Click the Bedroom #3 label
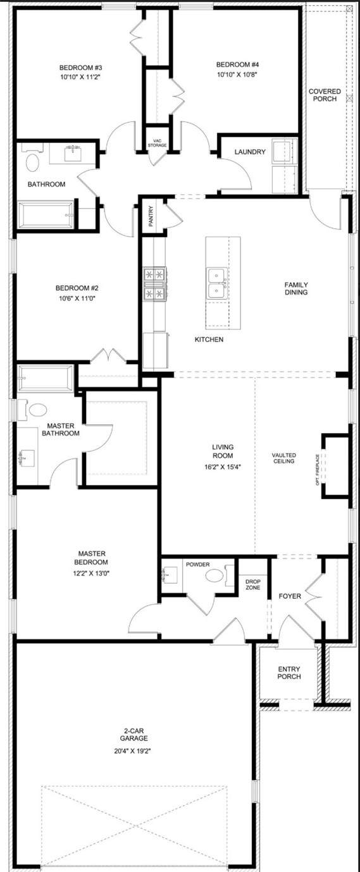pos(80,68)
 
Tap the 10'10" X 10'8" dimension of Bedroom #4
pos(238,74)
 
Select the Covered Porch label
pos(325,95)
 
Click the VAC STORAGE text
pos(157,143)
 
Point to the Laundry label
pos(250,152)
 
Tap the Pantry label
pos(151,216)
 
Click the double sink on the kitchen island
pos(217,283)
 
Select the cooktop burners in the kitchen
pos(155,283)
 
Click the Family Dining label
pos(296,288)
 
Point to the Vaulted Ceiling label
pos(283,458)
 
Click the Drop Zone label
pos(253,585)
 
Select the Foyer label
pos(290,596)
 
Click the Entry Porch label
pos(289,673)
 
